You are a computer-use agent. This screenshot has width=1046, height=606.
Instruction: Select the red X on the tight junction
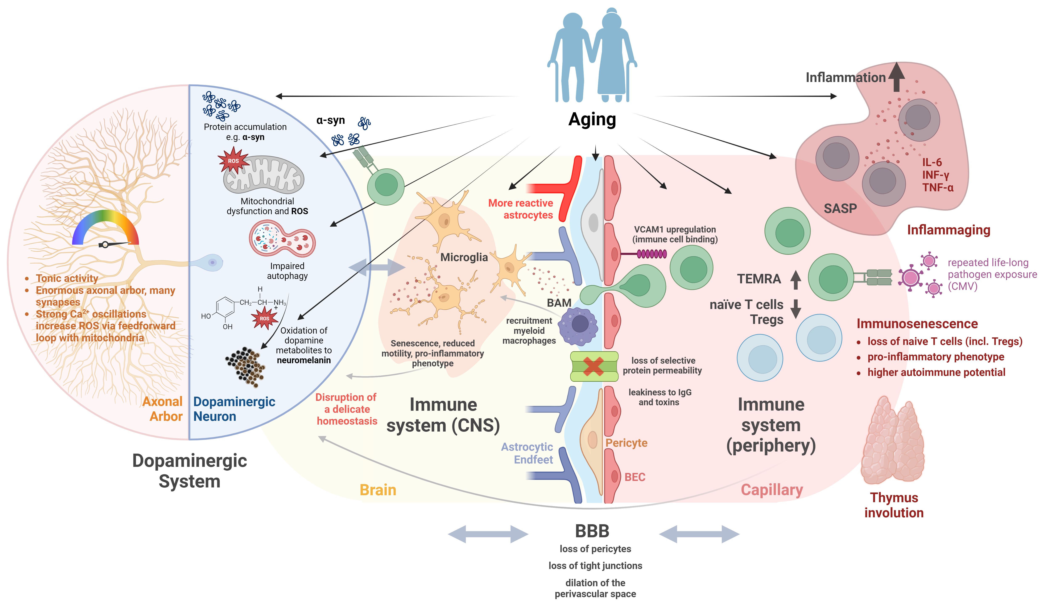(x=594, y=367)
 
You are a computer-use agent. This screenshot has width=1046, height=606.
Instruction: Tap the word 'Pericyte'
(x=626, y=443)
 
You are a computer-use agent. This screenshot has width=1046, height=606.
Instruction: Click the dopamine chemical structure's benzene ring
(x=225, y=308)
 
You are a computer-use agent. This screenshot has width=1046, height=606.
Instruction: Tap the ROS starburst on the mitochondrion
(x=233, y=161)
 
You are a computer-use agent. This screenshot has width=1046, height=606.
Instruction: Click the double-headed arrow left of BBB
(x=488, y=534)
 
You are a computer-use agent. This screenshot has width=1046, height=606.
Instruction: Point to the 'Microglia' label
(x=464, y=257)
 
